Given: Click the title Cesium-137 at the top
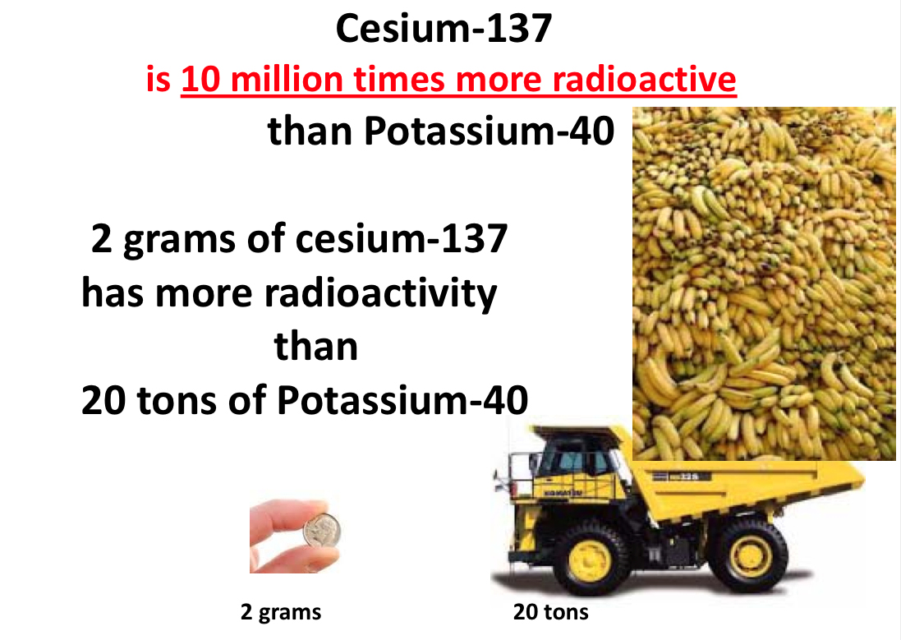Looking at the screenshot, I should pos(443,30).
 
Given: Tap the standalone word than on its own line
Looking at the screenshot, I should pos(316,347).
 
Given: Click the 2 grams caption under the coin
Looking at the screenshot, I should pos(281,612).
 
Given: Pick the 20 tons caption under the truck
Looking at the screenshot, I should pos(551,612).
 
